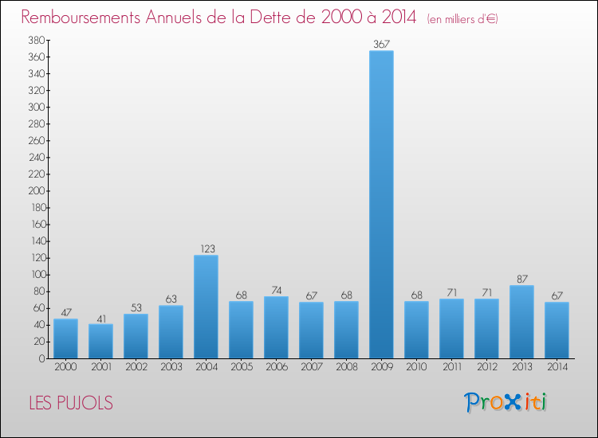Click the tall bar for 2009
tap(381, 205)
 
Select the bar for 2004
tap(206, 307)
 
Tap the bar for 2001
tap(100, 341)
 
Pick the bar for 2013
tap(521, 322)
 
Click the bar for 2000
tap(65, 338)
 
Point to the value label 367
tap(381, 45)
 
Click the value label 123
tap(206, 248)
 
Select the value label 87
tap(521, 279)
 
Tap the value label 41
tap(100, 318)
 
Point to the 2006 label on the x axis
tap(276, 367)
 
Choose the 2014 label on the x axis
tap(557, 367)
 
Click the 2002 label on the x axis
tap(136, 367)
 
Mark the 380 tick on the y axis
tap(35, 40)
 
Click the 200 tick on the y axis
tap(35, 191)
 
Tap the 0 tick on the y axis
tap(41, 358)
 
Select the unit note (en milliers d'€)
tap(462, 18)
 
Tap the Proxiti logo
tap(506, 402)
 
